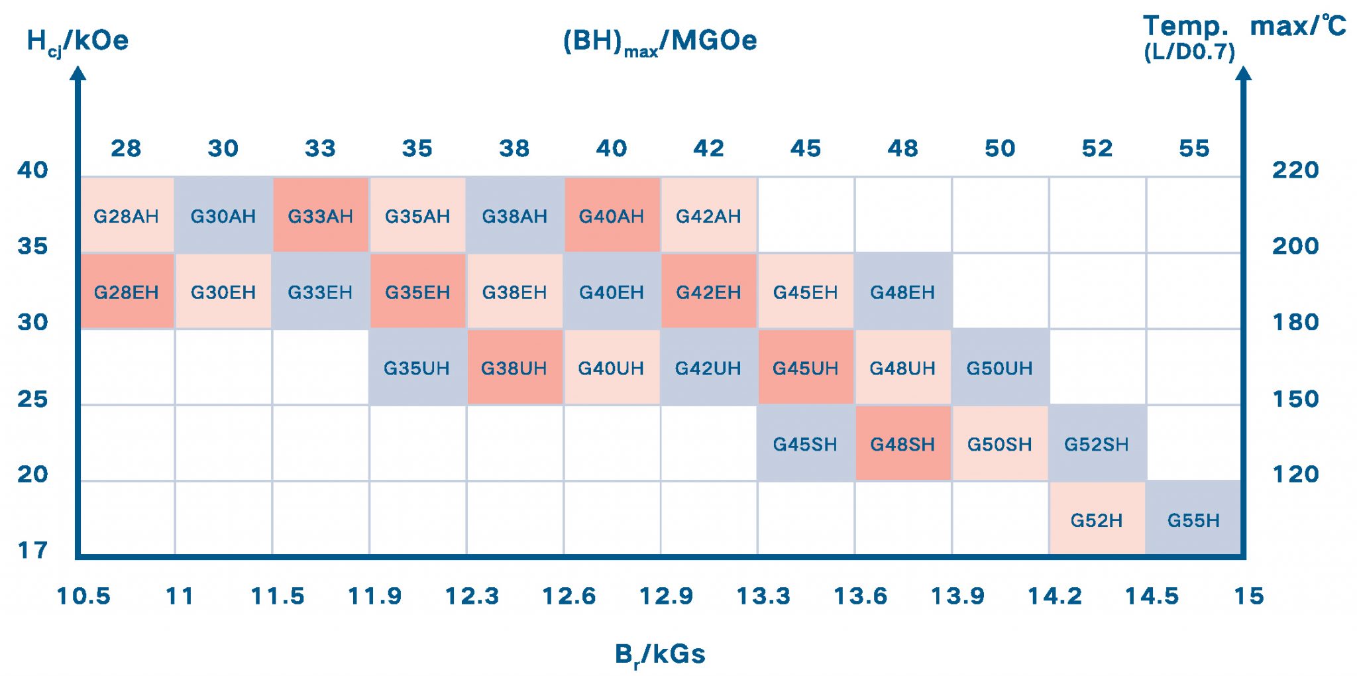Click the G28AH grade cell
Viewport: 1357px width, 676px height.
[126, 216]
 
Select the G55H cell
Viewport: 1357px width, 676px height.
[1193, 520]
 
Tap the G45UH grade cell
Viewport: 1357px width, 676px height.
[805, 368]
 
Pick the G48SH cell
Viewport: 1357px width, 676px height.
[902, 444]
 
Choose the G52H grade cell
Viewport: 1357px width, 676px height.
[1097, 520]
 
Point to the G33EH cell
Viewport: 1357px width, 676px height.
[320, 292]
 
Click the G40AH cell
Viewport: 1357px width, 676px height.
[612, 216]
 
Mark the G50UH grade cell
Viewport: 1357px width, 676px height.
[999, 368]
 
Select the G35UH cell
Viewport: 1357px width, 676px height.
[417, 368]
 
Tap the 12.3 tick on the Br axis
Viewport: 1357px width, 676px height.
[472, 596]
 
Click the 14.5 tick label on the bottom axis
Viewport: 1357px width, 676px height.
[1152, 596]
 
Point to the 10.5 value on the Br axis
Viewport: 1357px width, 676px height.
[83, 596]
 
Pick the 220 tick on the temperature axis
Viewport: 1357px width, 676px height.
[1295, 170]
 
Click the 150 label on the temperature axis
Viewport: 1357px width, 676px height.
[1295, 399]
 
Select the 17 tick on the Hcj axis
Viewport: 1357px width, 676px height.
[33, 550]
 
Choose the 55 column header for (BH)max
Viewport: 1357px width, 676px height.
[1194, 148]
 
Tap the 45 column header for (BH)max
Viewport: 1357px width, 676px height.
[806, 148]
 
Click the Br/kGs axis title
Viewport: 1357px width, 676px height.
[660, 655]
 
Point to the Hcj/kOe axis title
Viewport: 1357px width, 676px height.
[78, 41]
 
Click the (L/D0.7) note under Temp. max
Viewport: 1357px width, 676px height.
[1189, 52]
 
